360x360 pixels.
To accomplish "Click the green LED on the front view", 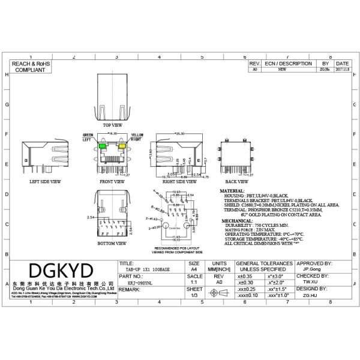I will click(103, 146).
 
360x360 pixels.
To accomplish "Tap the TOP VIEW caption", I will click(112, 125).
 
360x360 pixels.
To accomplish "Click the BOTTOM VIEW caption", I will click(112, 244).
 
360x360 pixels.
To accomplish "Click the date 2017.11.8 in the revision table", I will click(342, 70).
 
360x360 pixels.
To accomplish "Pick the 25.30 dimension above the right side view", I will click(179, 134).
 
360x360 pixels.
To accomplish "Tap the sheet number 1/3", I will click(194, 295).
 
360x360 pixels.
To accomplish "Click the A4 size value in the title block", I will click(194, 270).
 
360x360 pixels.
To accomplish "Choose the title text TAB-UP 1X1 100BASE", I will click(144, 270).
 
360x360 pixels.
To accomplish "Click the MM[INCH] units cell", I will click(220, 270).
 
